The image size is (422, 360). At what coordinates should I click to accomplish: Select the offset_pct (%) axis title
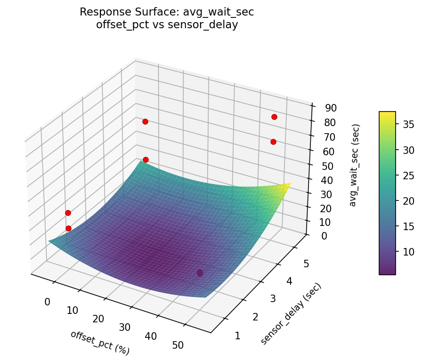click(100, 342)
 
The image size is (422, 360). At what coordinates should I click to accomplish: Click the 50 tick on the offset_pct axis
click(179, 345)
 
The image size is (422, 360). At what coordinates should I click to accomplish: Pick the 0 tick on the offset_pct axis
click(47, 302)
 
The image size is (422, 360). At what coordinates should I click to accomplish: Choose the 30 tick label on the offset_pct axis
click(125, 328)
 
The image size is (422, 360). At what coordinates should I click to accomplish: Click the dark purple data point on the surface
click(200, 273)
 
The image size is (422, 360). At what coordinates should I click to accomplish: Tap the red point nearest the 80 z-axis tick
click(274, 117)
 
